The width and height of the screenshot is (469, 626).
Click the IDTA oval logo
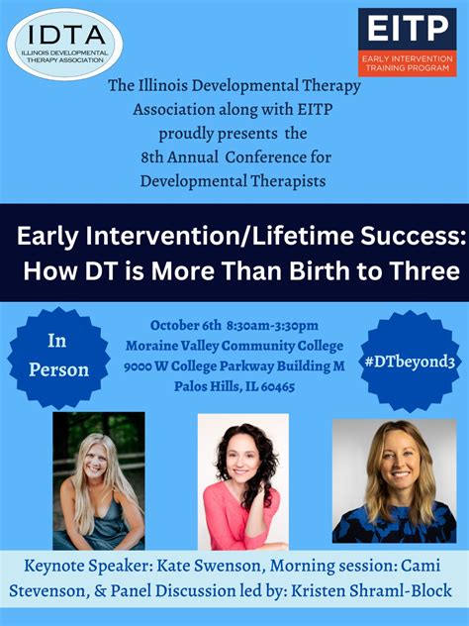[65, 44]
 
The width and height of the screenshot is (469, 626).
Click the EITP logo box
[408, 43]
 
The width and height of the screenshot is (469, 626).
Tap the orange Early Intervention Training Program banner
[408, 63]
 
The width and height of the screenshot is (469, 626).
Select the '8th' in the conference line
[151, 156]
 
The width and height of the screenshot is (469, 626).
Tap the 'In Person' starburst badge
[58, 358]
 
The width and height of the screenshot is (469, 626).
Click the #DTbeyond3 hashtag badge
[410, 362]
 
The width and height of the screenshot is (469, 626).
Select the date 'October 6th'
[185, 325]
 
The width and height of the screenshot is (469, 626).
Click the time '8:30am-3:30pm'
[272, 325]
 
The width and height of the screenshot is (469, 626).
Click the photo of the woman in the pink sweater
[242, 481]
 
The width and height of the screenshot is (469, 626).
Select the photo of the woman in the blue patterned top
[395, 481]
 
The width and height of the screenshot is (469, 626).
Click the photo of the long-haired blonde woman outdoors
[99, 480]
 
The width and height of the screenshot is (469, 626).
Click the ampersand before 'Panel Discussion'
[100, 591]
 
